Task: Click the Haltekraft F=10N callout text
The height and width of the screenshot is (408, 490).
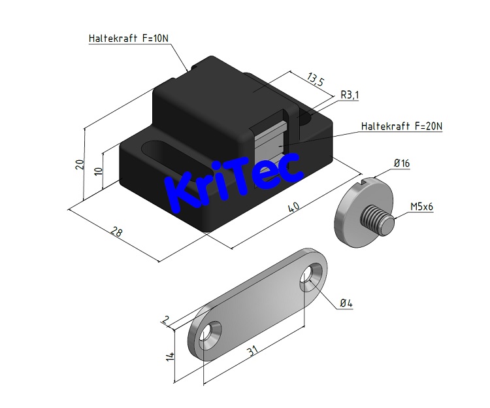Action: click(129, 39)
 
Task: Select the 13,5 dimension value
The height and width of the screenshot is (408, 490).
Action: click(314, 81)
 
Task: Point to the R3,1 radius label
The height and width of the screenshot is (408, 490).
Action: click(350, 95)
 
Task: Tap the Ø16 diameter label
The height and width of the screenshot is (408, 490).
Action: click(401, 163)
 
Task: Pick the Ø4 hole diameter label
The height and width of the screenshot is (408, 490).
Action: click(346, 303)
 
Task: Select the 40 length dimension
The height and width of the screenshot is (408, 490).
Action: click(294, 208)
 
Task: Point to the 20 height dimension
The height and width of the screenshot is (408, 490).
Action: click(80, 164)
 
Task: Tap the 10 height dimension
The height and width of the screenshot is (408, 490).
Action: click(98, 171)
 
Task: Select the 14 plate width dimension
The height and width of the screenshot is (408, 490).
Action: click(171, 356)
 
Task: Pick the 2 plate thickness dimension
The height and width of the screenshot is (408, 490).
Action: click(166, 320)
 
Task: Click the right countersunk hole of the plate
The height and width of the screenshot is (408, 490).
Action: click(312, 275)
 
